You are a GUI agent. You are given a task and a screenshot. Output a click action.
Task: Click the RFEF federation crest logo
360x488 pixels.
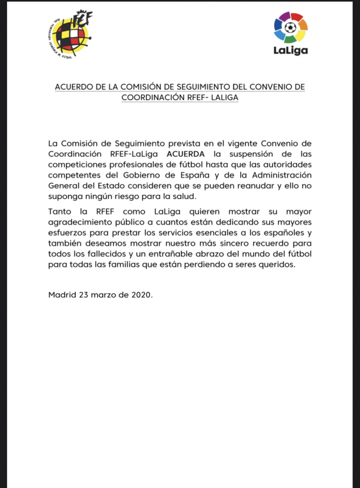[72, 34]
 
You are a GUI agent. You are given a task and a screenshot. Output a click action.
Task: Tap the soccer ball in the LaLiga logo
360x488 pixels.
[290, 28]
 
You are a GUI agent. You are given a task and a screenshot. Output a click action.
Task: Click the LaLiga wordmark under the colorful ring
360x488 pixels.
[290, 50]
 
